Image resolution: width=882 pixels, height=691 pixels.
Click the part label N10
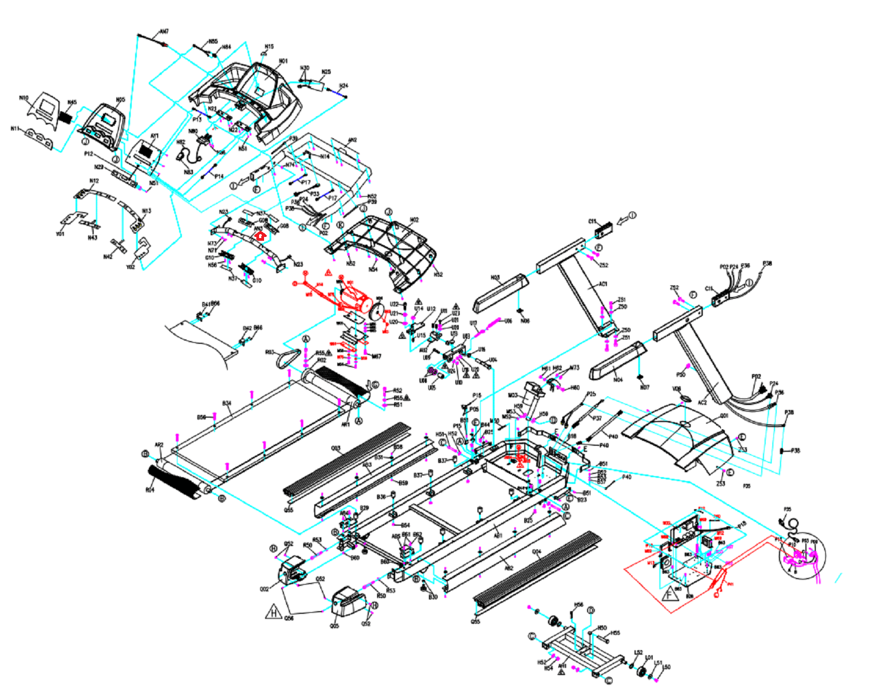click(x=24, y=98)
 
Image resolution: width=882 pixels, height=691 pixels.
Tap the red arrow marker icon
click(x=261, y=236)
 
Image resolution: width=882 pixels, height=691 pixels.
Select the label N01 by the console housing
click(x=283, y=61)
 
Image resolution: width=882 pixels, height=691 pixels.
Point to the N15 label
click(x=269, y=47)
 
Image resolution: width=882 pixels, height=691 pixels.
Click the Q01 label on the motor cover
click(x=724, y=416)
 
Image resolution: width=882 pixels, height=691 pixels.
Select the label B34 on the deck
click(x=227, y=403)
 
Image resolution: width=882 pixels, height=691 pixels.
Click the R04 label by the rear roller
click(x=150, y=489)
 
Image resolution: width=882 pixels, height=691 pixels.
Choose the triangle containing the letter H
click(x=274, y=612)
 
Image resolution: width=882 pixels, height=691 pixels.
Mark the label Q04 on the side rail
click(x=536, y=552)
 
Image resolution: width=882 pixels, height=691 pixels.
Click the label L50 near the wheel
click(x=666, y=667)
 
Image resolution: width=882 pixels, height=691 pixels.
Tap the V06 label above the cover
click(x=676, y=389)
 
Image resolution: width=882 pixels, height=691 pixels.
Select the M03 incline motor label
click(x=513, y=395)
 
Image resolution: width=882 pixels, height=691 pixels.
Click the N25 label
click(x=326, y=72)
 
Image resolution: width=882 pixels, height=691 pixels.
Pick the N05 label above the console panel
click(x=120, y=100)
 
